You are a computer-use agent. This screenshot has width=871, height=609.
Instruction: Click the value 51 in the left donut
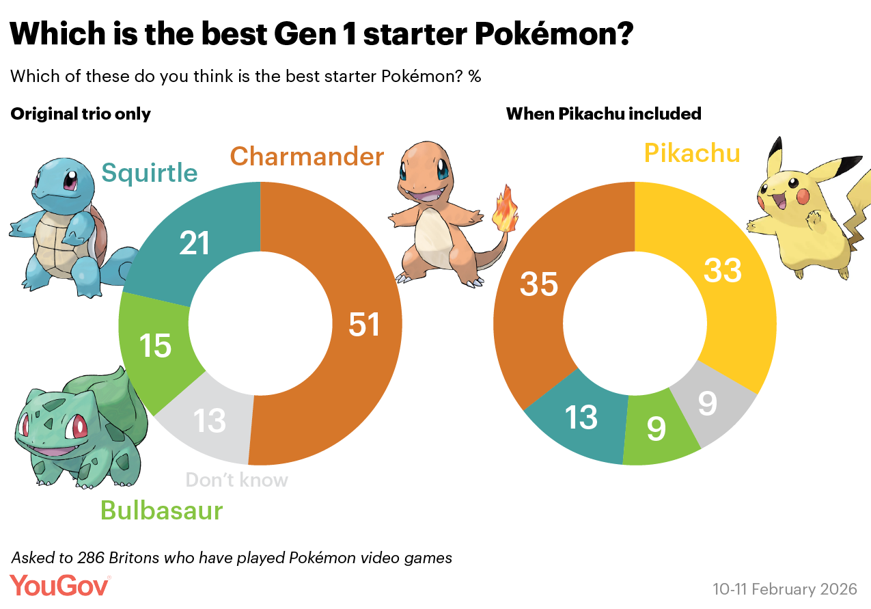(364, 325)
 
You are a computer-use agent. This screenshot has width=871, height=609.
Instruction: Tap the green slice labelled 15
(155, 346)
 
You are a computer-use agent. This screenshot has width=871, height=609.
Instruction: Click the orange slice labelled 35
(539, 283)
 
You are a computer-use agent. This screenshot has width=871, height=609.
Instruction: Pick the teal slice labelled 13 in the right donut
(581, 417)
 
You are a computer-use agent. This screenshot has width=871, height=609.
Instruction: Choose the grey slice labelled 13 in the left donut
(209, 420)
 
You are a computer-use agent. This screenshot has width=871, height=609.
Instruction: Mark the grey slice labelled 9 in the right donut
(707, 403)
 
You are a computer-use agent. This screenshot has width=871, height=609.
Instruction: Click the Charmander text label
(307, 157)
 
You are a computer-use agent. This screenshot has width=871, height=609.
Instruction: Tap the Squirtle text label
(150, 173)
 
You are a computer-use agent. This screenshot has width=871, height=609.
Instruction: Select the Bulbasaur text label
(161, 510)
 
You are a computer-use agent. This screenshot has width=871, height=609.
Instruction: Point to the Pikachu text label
(692, 153)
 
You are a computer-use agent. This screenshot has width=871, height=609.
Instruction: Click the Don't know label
(236, 480)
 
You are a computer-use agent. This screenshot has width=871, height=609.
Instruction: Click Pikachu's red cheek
(802, 198)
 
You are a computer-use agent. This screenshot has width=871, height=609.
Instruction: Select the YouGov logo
(60, 586)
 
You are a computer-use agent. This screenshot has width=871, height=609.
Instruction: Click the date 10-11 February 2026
(784, 588)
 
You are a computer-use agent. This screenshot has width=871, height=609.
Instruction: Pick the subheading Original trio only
(81, 113)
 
